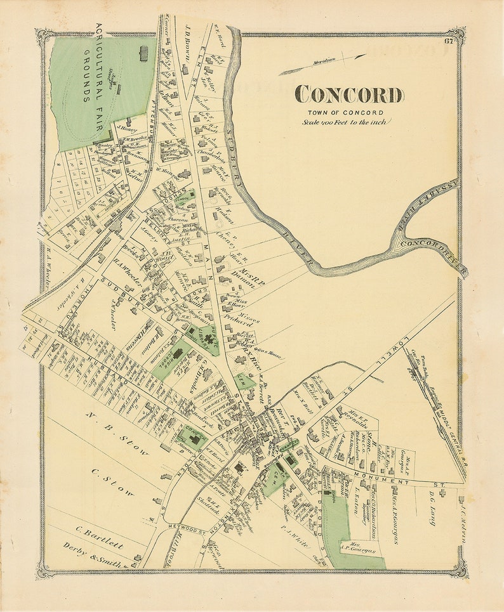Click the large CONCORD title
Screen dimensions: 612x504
(x=348, y=95)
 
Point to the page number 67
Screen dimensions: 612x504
(x=449, y=42)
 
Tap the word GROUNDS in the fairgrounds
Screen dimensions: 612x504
(x=85, y=79)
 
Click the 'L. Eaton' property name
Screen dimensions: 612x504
(x=357, y=501)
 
